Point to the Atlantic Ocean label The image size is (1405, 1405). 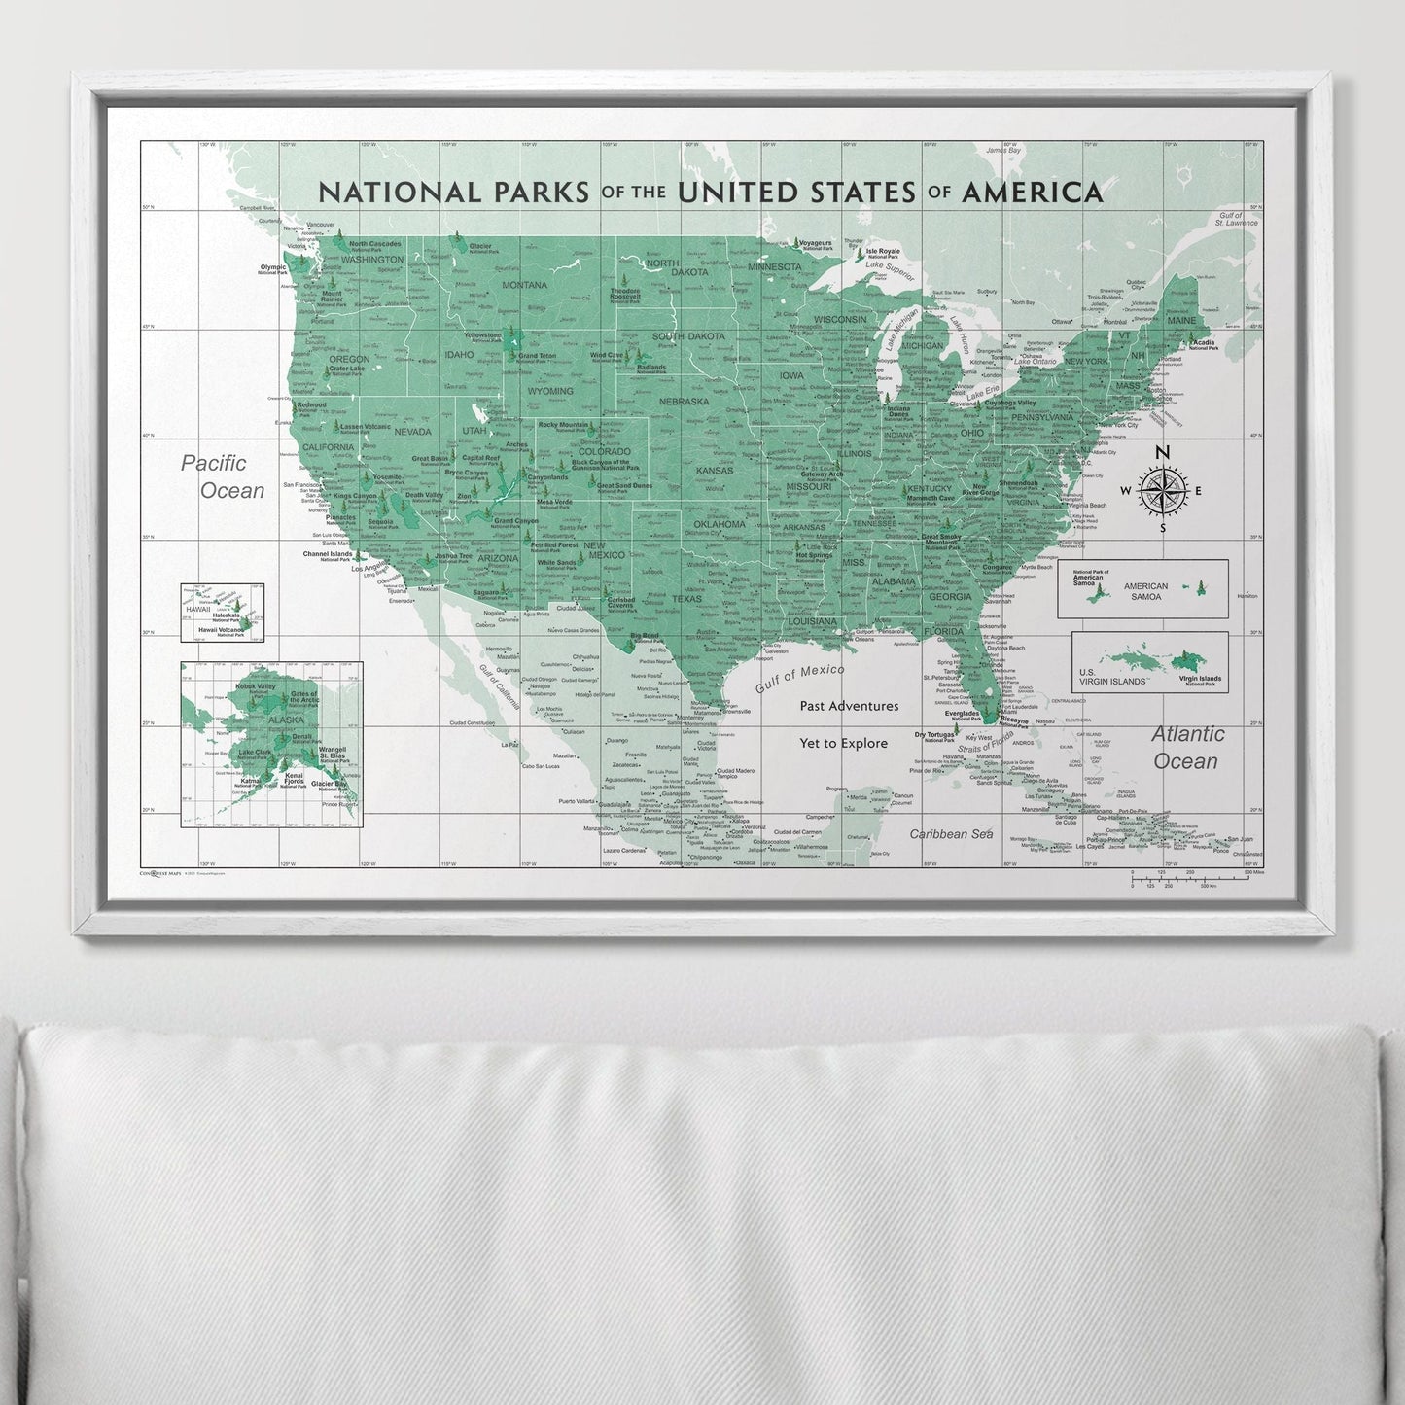tap(1187, 747)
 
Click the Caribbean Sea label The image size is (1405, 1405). tap(951, 833)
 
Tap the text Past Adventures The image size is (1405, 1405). tap(849, 706)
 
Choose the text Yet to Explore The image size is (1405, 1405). tap(843, 743)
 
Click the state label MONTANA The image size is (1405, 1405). tap(525, 285)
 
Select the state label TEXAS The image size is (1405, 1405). tap(686, 599)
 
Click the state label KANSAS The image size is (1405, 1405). tap(715, 471)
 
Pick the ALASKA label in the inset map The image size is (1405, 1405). tap(259, 720)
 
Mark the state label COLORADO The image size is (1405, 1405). tap(605, 452)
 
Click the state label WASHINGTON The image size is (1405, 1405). tap(372, 260)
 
